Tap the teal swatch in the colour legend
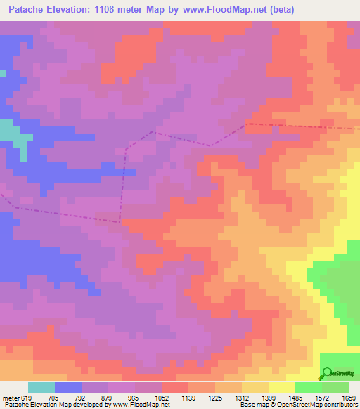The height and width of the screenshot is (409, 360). tap(41, 387)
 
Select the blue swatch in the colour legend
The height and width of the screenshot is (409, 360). tap(67, 387)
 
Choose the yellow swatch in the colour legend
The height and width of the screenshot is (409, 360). tap(281, 387)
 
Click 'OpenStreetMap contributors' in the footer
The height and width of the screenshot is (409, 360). tap(316, 404)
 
